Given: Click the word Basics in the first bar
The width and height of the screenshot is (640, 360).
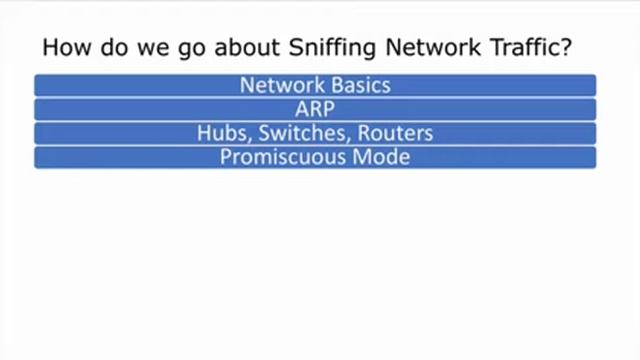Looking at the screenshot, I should pyautogui.click(x=357, y=85).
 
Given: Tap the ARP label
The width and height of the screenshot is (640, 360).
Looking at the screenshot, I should pyautogui.click(x=315, y=109).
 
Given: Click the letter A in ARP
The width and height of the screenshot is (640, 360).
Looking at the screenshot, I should pyautogui.click(x=302, y=109).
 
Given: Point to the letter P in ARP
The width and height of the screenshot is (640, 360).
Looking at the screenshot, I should pyautogui.click(x=328, y=109).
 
